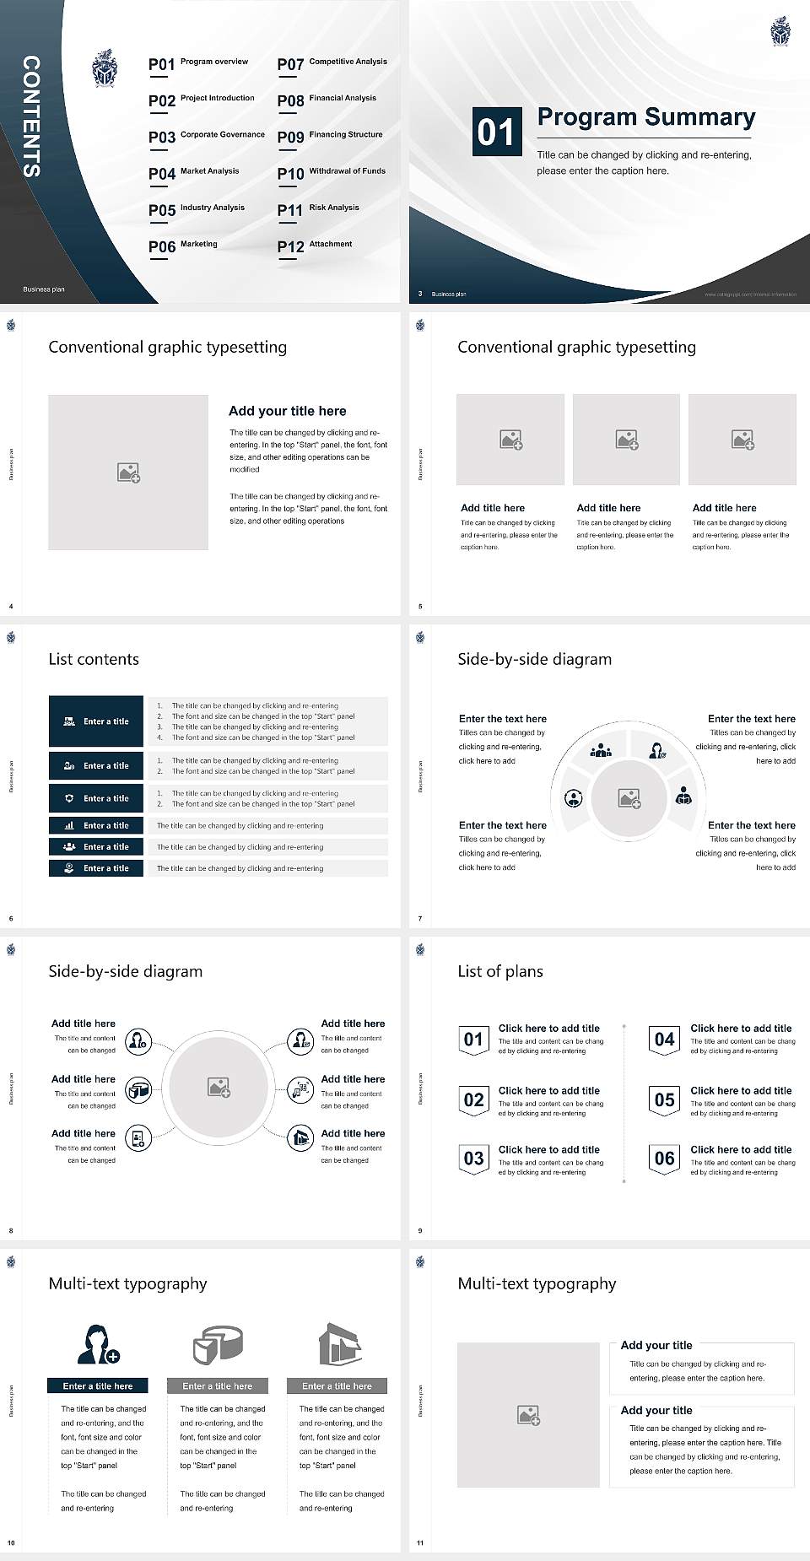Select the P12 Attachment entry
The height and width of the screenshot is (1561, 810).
[x=315, y=246]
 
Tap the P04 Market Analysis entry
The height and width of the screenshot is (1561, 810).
[x=193, y=173]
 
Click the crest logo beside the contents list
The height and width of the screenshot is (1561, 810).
[x=105, y=69]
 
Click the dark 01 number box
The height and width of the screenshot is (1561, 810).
[x=495, y=132]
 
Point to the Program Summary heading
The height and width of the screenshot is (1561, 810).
[x=645, y=117]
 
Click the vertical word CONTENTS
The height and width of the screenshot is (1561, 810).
[x=30, y=116]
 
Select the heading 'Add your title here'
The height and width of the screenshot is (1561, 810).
[x=287, y=411]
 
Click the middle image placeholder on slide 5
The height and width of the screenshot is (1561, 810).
[x=626, y=440]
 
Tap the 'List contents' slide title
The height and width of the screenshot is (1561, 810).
[x=94, y=659]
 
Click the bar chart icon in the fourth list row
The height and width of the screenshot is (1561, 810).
[x=69, y=825]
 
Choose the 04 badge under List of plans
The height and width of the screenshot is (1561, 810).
[x=664, y=1040]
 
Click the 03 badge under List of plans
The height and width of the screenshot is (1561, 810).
[x=473, y=1159]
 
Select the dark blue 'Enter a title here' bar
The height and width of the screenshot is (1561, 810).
[x=98, y=1385]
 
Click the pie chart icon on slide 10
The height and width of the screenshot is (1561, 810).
[x=218, y=1344]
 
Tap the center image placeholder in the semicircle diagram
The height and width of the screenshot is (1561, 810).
[x=629, y=798]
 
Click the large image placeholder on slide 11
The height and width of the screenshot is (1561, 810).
[x=528, y=1415]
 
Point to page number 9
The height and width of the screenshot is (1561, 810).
[x=420, y=1230]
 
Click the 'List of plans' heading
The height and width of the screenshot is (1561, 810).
[x=500, y=971]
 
